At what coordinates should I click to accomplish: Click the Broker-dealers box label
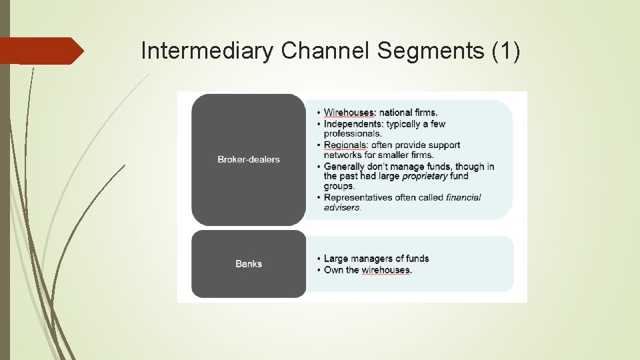point(249,159)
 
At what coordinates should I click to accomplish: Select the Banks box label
point(249,264)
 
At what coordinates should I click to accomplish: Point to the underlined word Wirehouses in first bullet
point(349,113)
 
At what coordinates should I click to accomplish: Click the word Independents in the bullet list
point(353,124)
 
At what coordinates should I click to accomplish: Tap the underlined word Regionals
point(345,145)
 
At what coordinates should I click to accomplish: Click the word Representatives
point(357,197)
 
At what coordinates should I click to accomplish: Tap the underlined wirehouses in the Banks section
point(387,270)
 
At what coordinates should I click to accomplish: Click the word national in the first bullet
point(397,113)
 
